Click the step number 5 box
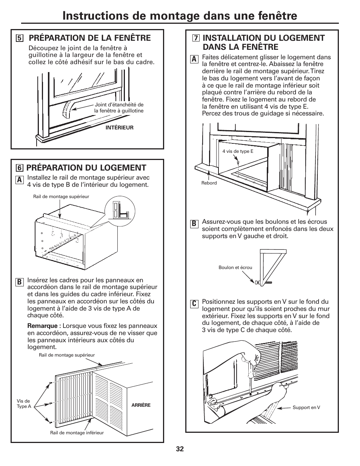click(19, 38)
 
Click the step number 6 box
click(18, 168)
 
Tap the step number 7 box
click(195, 38)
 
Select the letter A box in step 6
click(19, 180)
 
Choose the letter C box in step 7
click(194, 304)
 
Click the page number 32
click(180, 449)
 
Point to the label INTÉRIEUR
click(119, 128)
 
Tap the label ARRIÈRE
click(141, 405)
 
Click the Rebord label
click(209, 183)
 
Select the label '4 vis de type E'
click(238, 151)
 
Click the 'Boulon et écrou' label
click(235, 268)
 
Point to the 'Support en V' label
click(306, 408)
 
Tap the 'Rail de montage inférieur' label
click(77, 433)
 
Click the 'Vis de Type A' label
click(24, 404)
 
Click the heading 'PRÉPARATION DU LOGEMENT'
click(86, 168)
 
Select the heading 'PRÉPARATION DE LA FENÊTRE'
click(90, 38)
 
